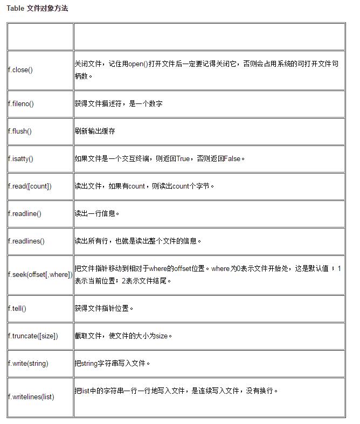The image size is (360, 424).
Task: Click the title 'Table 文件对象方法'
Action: (37, 9)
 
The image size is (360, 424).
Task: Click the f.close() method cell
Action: (20, 70)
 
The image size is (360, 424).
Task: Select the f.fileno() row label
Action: (21, 104)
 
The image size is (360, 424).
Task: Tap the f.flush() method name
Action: (20, 131)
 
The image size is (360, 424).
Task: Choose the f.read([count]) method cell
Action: (30, 186)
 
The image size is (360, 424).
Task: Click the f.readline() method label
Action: (25, 213)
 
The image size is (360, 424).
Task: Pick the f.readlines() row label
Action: (26, 241)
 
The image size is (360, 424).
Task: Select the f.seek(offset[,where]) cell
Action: (40, 274)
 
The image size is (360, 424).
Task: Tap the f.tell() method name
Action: (17, 308)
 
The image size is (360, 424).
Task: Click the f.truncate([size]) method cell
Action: (33, 336)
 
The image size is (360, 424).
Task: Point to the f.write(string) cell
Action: (28, 363)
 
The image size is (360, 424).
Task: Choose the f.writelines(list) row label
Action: (31, 397)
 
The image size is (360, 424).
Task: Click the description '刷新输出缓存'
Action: (95, 131)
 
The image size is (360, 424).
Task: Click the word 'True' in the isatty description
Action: (183, 158)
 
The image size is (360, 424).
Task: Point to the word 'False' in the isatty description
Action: (232, 158)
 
